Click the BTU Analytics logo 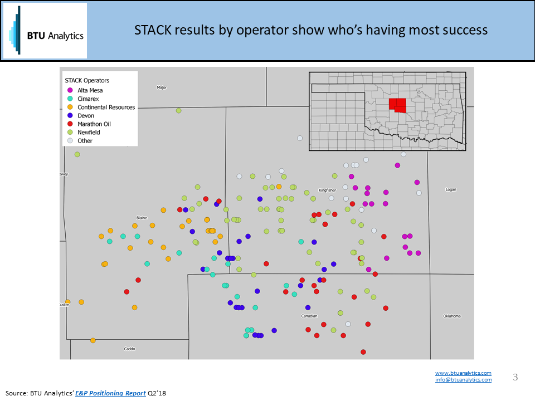(x=45, y=31)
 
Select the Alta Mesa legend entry (x=85, y=90)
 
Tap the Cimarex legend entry (x=83, y=99)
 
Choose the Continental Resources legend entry (x=101, y=107)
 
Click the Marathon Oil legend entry (x=89, y=124)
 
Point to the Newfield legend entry (x=84, y=133)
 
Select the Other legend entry (x=80, y=141)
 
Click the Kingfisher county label (x=327, y=190)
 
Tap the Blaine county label (x=142, y=218)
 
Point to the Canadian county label (x=309, y=316)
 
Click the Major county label (x=162, y=87)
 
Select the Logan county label (x=451, y=189)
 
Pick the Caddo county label (x=129, y=349)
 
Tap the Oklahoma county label (x=452, y=316)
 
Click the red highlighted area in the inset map (x=397, y=105)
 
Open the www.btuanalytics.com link (x=463, y=373)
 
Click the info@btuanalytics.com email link (x=463, y=379)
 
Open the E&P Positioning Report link (x=110, y=393)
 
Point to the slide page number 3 (x=515, y=377)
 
